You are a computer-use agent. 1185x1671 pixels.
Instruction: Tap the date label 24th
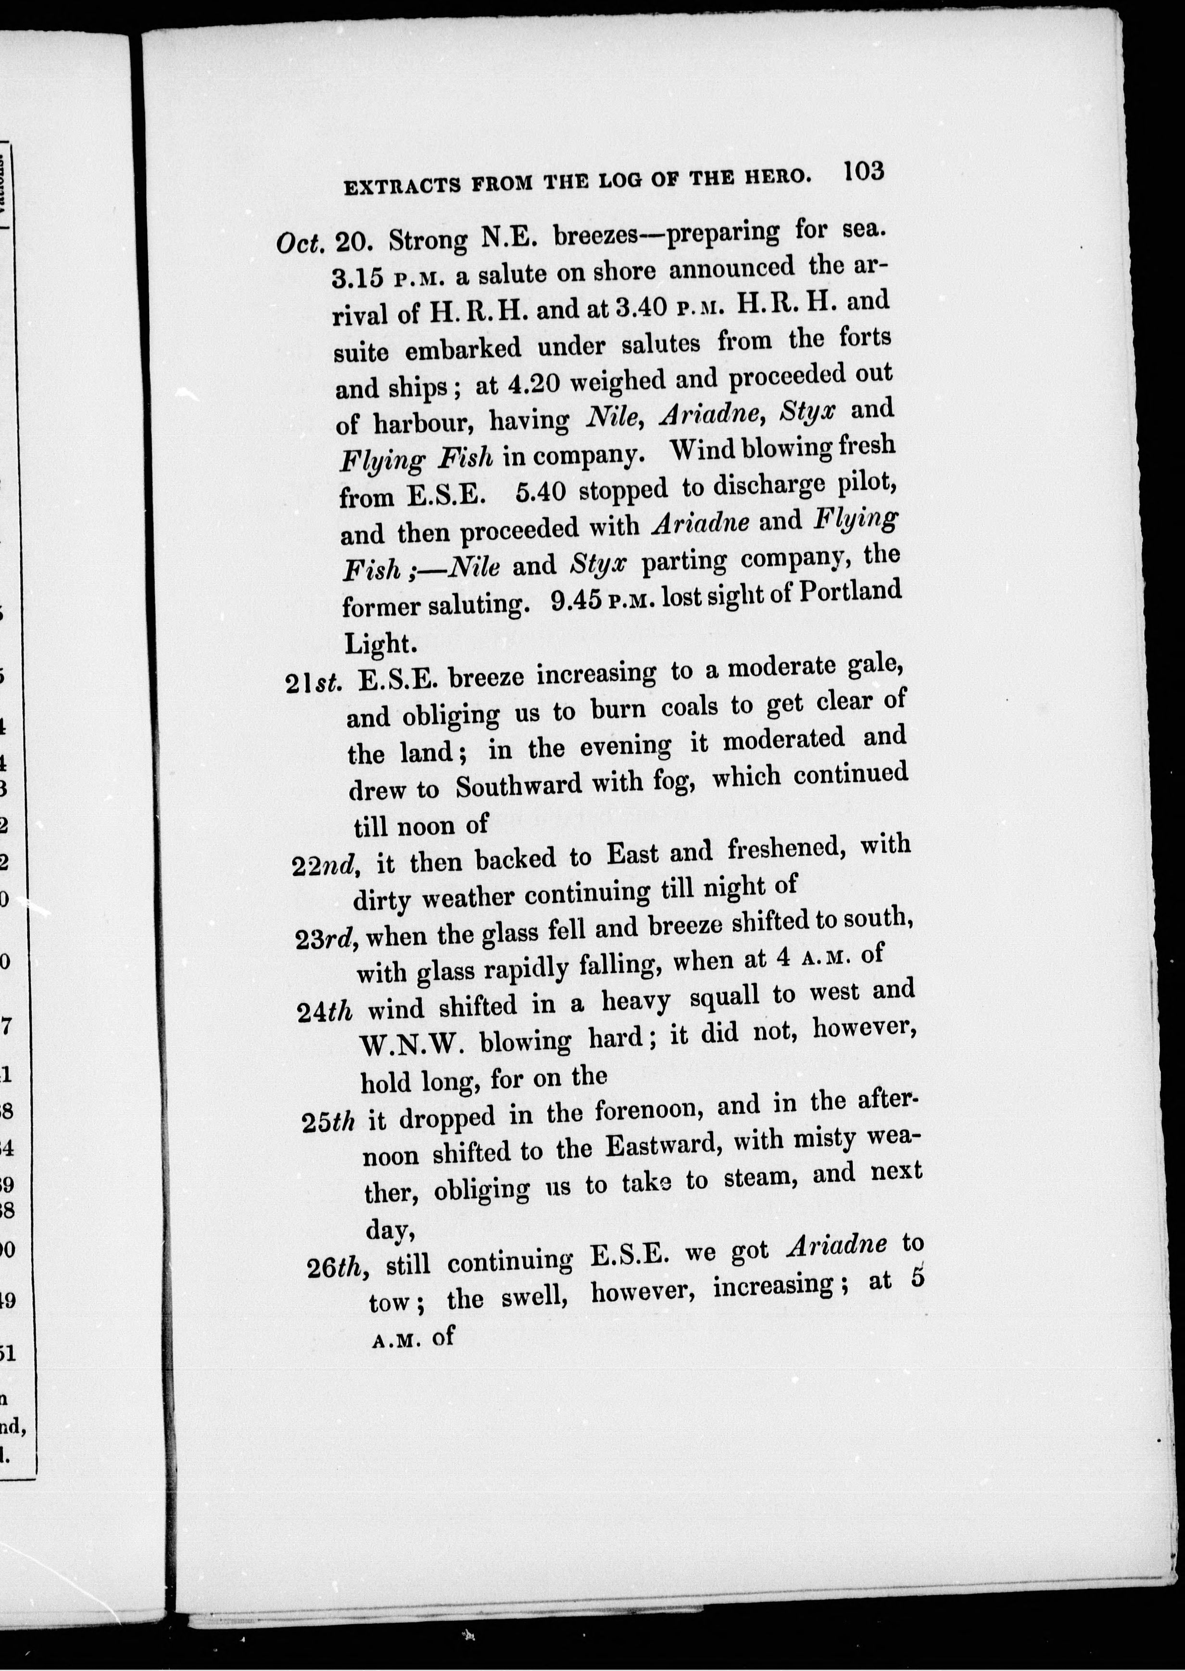[326, 1012]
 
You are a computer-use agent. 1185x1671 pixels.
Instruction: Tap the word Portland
[850, 591]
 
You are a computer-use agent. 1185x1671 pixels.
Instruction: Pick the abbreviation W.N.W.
[413, 1045]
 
